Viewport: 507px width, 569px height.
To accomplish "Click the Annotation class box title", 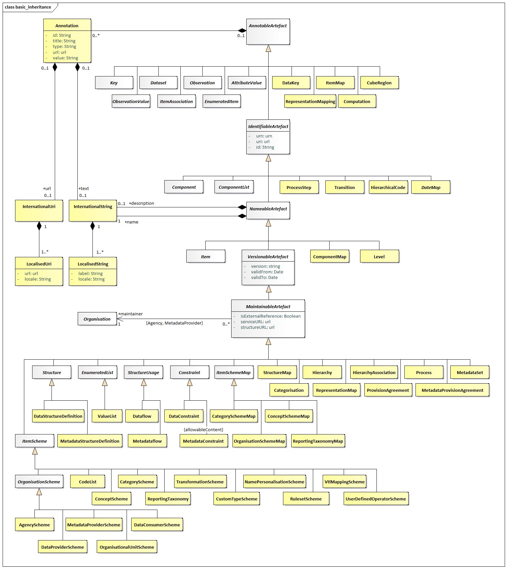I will [67, 26].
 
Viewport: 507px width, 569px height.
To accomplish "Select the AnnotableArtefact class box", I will [268, 32].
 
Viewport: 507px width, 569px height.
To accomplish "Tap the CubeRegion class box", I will [379, 83].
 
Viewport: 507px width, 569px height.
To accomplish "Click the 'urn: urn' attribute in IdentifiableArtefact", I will [264, 136].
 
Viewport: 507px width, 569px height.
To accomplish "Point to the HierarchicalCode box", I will [388, 187].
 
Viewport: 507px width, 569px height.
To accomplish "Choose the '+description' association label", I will [141, 203].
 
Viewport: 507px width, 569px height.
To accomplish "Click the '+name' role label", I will [132, 222].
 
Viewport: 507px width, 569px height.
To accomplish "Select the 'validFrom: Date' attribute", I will [267, 272].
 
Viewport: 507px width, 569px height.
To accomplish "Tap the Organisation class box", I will [97, 319].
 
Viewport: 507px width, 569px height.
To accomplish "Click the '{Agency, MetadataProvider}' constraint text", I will [174, 323].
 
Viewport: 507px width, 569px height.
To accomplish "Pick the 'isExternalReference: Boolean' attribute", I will [270, 316].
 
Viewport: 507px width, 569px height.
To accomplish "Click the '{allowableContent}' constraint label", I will [203, 430].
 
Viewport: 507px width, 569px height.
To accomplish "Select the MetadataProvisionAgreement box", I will [452, 390].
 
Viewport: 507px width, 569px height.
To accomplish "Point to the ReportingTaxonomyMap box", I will [318, 441].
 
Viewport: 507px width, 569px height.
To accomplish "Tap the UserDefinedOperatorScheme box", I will [376, 499].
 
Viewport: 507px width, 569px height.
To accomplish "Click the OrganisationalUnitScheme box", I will [127, 547].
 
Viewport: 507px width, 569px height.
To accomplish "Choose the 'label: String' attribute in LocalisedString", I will [90, 273].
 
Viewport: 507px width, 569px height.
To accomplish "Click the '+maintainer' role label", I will [130, 314].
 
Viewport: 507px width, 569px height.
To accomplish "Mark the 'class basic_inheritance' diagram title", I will [28, 7].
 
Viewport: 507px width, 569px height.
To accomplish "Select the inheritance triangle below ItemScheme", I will [35, 451].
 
